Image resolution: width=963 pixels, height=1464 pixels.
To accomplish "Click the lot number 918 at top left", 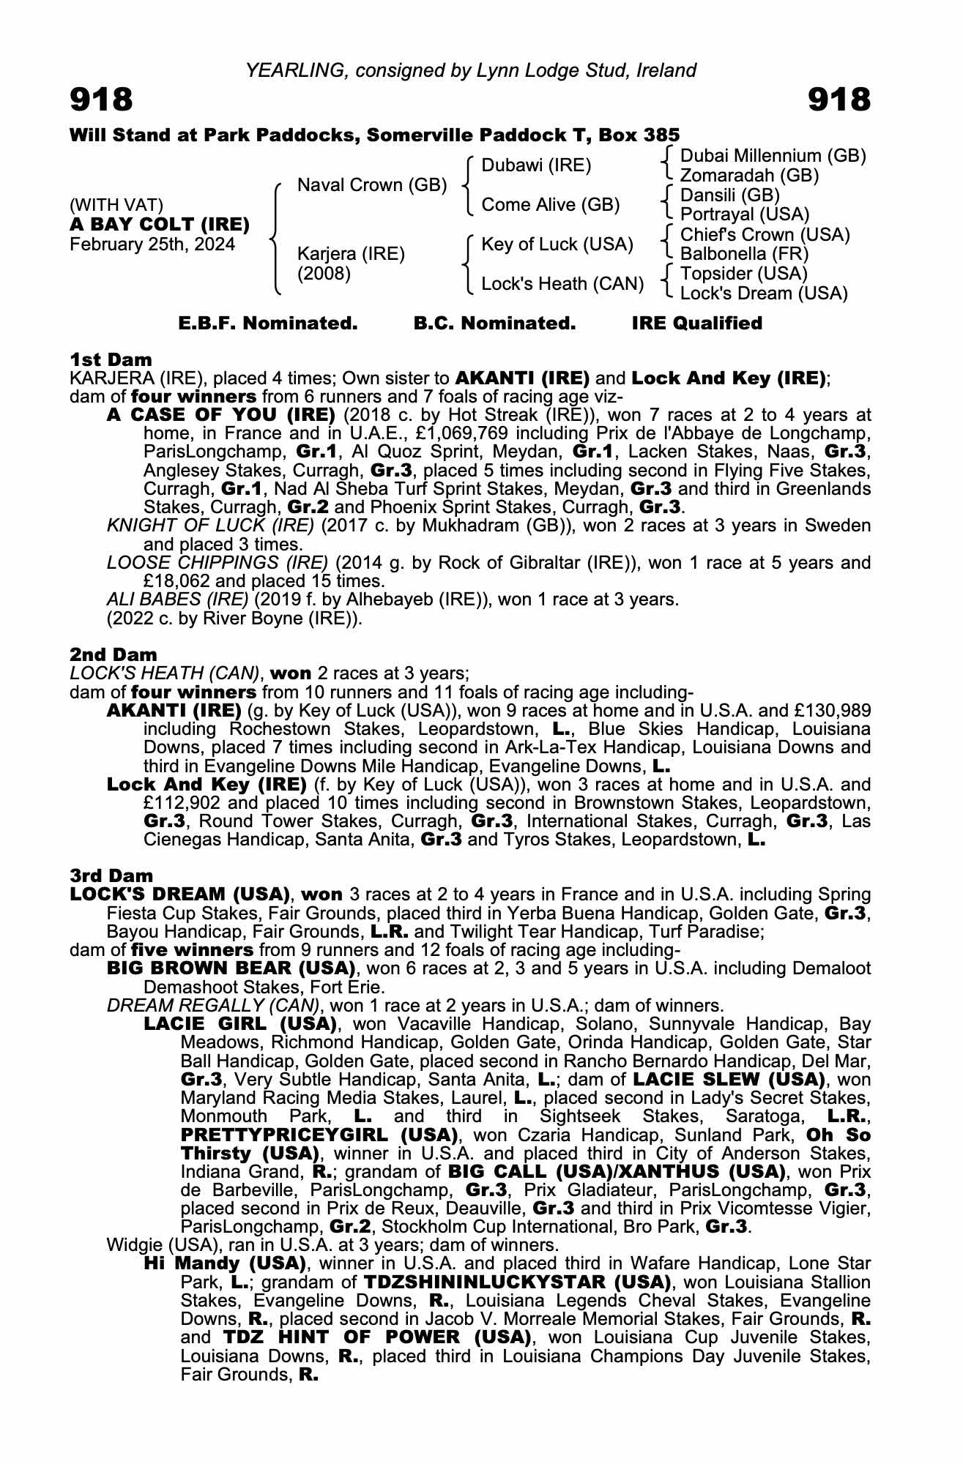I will point(101,100).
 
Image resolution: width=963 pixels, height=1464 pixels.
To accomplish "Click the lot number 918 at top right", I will point(839,100).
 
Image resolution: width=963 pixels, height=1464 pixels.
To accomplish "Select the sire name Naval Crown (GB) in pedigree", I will point(371,184).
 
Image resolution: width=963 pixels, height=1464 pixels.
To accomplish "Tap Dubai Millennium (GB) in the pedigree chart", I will point(773,156).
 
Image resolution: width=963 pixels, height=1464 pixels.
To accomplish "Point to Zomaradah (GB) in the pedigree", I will point(749,176).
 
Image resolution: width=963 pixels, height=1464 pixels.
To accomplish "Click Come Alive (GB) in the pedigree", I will point(550,205).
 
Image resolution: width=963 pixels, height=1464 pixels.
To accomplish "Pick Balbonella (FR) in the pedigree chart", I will point(744,254).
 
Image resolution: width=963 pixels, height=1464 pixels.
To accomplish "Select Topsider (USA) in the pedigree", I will point(743,274).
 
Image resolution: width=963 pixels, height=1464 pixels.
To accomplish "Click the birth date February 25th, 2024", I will point(152,244).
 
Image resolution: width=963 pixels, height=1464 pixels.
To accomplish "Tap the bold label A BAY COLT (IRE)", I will point(160,224).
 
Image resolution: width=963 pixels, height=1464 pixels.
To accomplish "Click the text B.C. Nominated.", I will point(494,324).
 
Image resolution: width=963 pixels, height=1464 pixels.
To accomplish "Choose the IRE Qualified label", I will point(696,324).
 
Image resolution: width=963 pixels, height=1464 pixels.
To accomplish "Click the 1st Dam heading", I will point(111,359).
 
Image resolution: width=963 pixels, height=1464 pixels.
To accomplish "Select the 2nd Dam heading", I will point(113,654).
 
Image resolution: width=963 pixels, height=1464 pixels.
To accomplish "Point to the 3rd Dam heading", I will point(111,876).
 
